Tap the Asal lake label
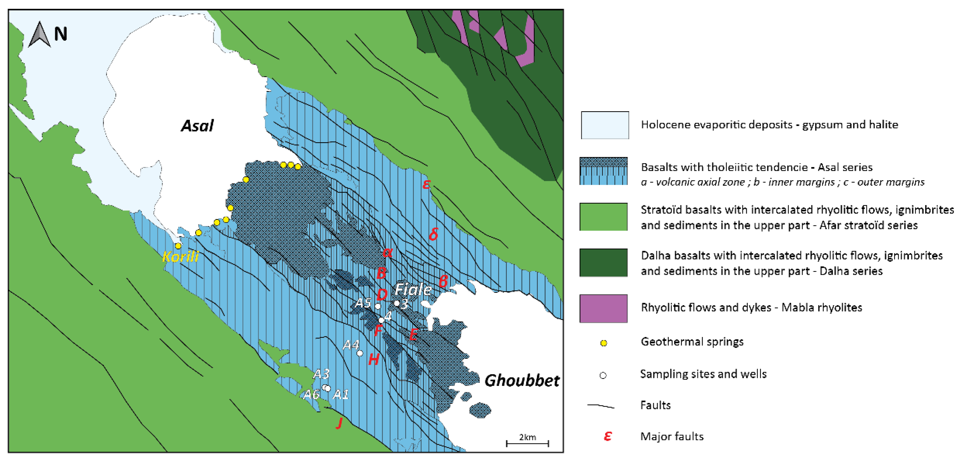[x=197, y=126]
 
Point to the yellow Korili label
[x=180, y=257]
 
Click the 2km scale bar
[x=527, y=443]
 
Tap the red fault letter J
[x=339, y=423]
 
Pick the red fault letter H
[x=373, y=360]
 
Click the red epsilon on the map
[x=427, y=184]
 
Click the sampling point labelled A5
[x=377, y=306]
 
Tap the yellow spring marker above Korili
[x=178, y=246]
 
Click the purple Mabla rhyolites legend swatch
[x=603, y=308]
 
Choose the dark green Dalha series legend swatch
[x=603, y=262]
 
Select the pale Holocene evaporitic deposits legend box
[x=605, y=125]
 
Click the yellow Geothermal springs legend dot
[x=603, y=343]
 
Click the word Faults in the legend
[x=655, y=405]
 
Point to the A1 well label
[x=341, y=394]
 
